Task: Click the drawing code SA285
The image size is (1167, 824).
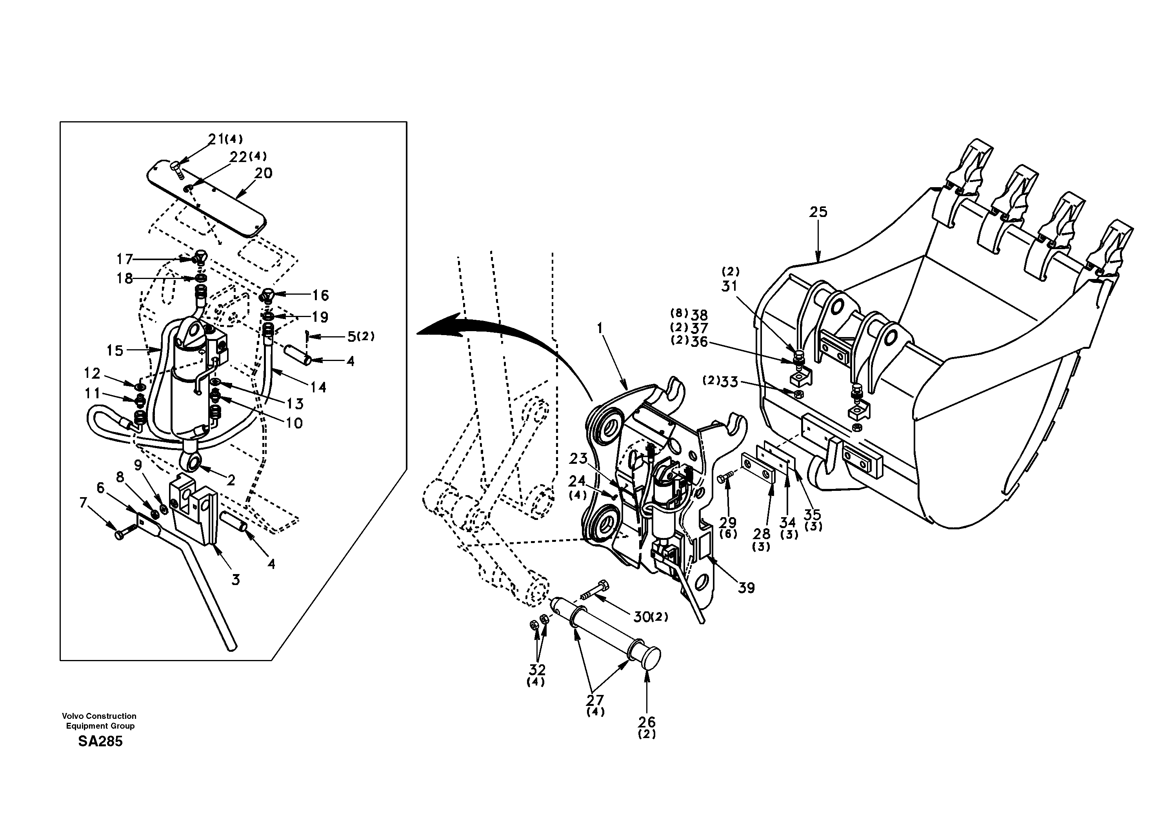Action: [x=100, y=742]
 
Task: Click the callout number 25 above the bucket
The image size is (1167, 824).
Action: [x=818, y=212]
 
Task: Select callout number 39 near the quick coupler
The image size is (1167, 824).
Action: [x=746, y=588]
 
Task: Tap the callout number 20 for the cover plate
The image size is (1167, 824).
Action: [x=263, y=173]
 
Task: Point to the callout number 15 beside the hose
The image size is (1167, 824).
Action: [x=115, y=350]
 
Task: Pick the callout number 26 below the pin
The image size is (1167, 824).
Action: [x=647, y=722]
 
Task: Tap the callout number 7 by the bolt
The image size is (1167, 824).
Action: [x=84, y=503]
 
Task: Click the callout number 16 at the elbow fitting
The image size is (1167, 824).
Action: [x=320, y=295]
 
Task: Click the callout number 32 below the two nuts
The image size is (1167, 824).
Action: [x=537, y=669]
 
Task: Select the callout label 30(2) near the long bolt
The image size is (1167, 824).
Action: [x=650, y=617]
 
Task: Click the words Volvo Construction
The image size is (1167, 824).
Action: [x=99, y=716]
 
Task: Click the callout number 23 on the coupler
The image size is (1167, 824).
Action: [x=578, y=459]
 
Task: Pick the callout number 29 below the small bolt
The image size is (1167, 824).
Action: [x=728, y=522]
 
